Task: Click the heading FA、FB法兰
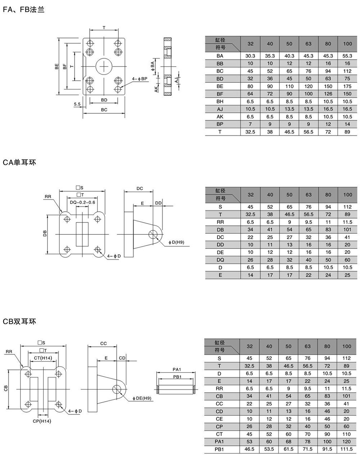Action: tap(24, 10)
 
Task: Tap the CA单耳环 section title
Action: tap(19, 163)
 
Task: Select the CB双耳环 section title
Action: tap(19, 322)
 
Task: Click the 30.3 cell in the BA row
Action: tap(250, 56)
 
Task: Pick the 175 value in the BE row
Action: tap(347, 86)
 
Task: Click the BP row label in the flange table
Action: tap(220, 124)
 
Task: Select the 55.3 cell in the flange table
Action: tap(347, 56)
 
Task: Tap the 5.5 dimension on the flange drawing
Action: tap(77, 104)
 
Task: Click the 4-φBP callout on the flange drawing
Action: tap(140, 79)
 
